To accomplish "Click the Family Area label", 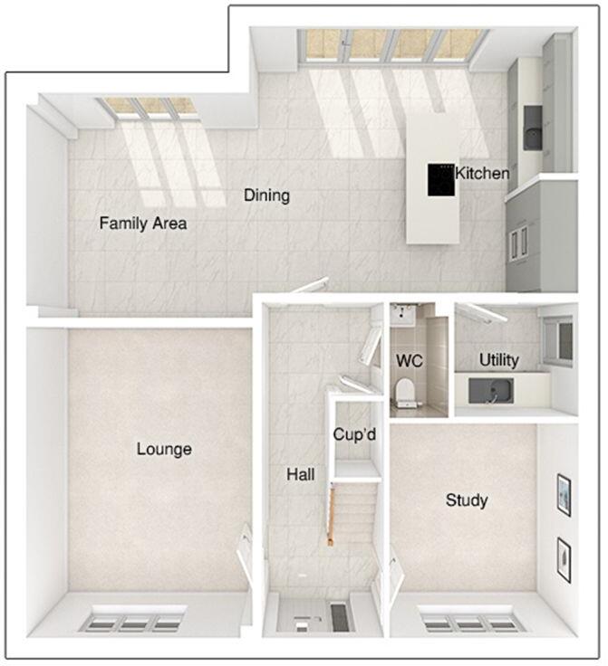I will pos(143,223).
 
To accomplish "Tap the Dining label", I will pos(266,195).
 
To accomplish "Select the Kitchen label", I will pos(482,173).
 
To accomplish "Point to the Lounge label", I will pos(164,449).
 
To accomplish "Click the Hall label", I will pos(300,473).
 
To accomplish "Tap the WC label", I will pos(410,360).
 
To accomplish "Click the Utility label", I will pos(499,360).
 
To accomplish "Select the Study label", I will pos(467,499).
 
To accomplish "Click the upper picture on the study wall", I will pos(564,494).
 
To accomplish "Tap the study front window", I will pos(455,623).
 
